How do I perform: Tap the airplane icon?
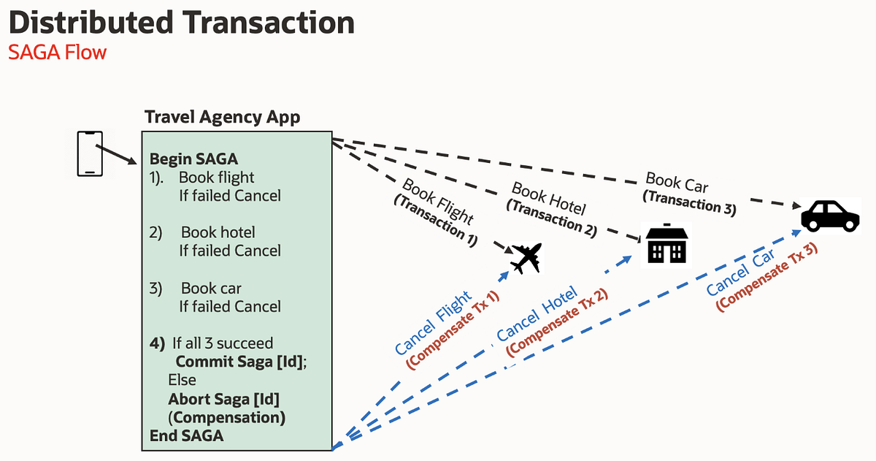click(526, 258)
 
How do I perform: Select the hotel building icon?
click(664, 245)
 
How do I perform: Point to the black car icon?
click(831, 215)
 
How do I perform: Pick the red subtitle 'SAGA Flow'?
click(57, 53)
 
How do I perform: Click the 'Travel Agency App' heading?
click(222, 117)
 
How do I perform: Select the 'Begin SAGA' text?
click(193, 159)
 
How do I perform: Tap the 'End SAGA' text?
click(186, 435)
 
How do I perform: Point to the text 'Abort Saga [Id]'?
click(224, 399)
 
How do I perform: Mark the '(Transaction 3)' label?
click(689, 202)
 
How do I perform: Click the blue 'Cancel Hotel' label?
click(537, 313)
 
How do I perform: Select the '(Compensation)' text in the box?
click(226, 417)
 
